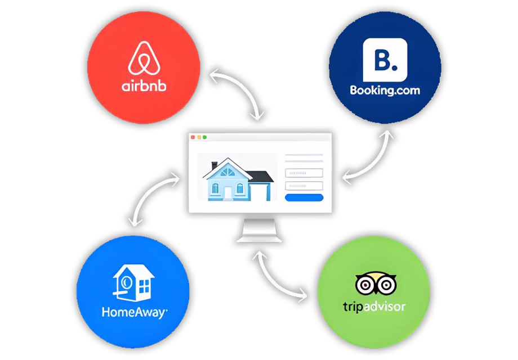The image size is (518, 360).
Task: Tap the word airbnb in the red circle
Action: click(x=144, y=86)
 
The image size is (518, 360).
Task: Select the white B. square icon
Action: click(x=385, y=60)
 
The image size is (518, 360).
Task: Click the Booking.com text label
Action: click(x=385, y=90)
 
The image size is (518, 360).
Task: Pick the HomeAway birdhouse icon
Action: click(x=133, y=283)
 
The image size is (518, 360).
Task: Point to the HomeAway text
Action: click(x=135, y=312)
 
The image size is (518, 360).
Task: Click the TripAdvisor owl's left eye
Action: click(x=365, y=285)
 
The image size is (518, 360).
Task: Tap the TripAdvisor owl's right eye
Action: click(x=386, y=285)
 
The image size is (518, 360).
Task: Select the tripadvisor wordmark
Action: click(x=374, y=307)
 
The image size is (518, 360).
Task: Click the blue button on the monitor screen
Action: click(x=304, y=197)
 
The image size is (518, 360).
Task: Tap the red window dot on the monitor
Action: click(x=193, y=137)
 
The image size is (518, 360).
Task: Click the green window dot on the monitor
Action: click(x=205, y=137)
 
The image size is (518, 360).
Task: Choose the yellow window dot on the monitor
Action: click(x=199, y=137)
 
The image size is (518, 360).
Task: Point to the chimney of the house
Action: click(x=215, y=165)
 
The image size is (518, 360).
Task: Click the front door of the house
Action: click(x=228, y=193)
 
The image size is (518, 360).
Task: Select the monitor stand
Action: click(x=259, y=230)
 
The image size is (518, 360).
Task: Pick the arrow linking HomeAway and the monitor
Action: click(x=147, y=191)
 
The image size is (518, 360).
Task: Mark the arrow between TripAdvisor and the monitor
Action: click(x=270, y=283)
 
